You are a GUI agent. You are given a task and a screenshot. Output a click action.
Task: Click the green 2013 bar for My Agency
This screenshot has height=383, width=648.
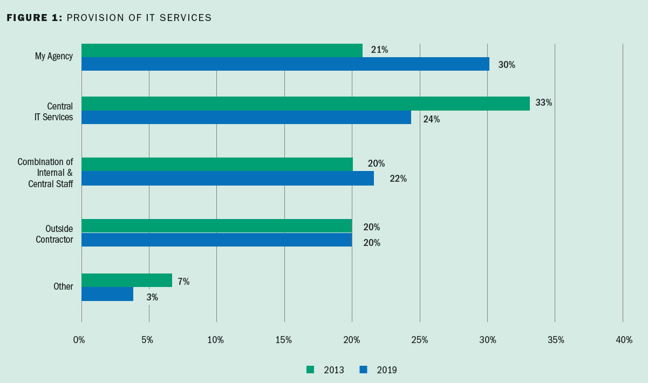(222, 50)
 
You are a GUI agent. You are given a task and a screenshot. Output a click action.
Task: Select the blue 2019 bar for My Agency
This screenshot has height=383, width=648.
(285, 64)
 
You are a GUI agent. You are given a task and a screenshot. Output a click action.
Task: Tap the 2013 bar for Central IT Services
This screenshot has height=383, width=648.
(305, 104)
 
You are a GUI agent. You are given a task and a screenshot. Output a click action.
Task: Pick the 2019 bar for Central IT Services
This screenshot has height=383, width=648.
(246, 117)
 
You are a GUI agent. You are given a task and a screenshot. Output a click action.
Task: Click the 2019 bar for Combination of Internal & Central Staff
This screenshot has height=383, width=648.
(227, 179)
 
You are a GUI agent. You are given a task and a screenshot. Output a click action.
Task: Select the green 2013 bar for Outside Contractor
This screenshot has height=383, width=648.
(216, 225)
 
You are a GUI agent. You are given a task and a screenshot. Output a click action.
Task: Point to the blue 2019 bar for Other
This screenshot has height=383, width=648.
(107, 294)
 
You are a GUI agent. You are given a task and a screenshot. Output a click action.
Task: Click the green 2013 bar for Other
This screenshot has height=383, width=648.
(127, 281)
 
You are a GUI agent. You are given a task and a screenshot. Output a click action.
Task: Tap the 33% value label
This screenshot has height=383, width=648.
(543, 102)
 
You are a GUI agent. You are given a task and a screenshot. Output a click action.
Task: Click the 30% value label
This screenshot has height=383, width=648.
(507, 65)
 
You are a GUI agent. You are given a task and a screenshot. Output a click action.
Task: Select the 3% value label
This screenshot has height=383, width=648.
(152, 297)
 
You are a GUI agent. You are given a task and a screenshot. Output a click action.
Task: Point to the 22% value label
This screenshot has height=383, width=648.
(398, 179)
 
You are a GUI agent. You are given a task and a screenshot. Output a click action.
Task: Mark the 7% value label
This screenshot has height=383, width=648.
(183, 282)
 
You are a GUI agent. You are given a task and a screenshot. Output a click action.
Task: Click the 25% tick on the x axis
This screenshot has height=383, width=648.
(419, 340)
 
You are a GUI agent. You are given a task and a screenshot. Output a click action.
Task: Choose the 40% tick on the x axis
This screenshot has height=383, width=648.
(624, 340)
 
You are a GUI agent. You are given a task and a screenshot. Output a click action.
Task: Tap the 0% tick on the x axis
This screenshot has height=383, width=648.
(79, 340)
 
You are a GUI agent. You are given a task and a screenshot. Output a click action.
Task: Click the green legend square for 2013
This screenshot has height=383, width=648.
(310, 370)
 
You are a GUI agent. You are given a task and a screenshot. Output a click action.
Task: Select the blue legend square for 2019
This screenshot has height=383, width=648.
(363, 370)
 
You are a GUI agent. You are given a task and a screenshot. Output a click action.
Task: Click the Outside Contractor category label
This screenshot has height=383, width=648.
(54, 234)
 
